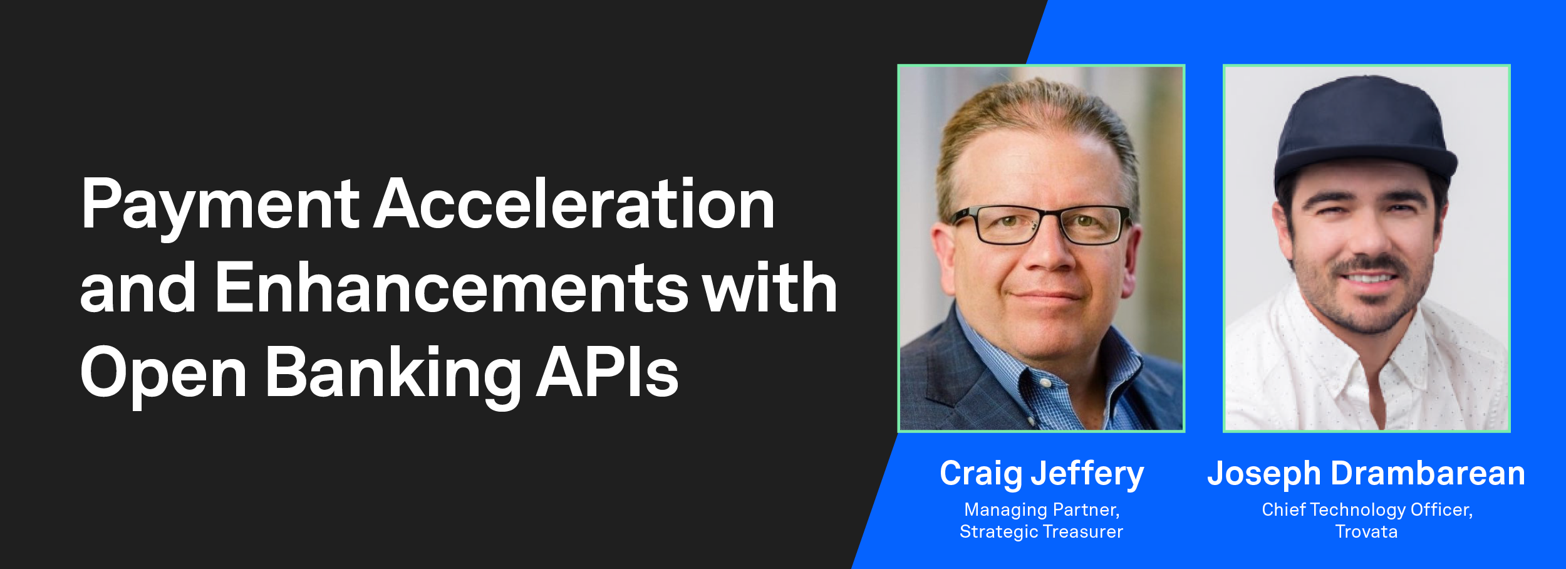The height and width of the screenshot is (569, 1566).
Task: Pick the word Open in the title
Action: click(163, 374)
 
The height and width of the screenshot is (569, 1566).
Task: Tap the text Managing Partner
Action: click(1041, 510)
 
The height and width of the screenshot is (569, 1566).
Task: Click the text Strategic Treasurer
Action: click(1041, 532)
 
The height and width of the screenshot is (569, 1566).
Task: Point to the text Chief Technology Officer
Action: click(1367, 510)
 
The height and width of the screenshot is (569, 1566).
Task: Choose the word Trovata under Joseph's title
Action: click(1366, 532)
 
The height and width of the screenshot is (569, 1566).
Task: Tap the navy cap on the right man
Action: click(1366, 125)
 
